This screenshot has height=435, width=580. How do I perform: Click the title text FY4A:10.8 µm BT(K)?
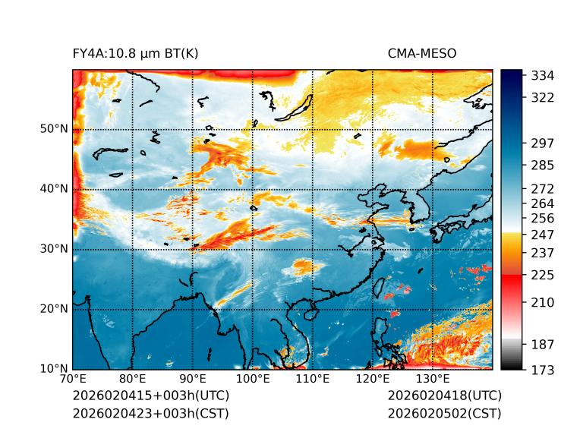(x=135, y=53)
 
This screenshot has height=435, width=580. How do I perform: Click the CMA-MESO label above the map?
(x=421, y=53)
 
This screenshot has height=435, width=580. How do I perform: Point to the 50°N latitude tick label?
(x=54, y=129)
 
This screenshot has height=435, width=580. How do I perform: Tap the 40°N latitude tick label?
(x=54, y=189)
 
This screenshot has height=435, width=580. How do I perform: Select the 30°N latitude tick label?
(x=54, y=249)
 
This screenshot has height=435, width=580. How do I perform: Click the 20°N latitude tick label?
(x=54, y=309)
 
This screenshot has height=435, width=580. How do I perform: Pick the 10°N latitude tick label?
(x=54, y=369)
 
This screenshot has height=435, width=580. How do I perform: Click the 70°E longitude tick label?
(x=73, y=380)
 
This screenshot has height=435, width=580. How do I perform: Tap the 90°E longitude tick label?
(x=193, y=380)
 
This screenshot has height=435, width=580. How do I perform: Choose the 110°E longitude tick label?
(x=312, y=380)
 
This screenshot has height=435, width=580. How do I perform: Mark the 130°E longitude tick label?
(x=432, y=380)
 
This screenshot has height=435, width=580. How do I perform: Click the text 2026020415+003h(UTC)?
(x=150, y=396)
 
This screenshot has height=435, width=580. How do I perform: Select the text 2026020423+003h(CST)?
(x=150, y=414)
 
